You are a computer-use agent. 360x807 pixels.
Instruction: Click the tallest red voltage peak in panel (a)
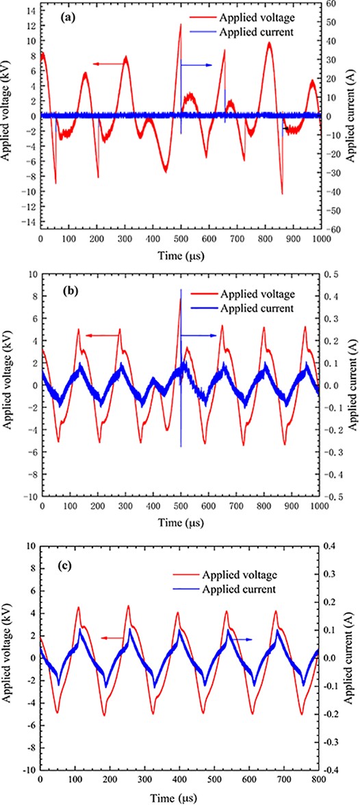pyautogui.click(x=181, y=25)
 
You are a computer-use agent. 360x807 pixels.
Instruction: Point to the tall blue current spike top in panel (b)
pyautogui.click(x=181, y=290)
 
